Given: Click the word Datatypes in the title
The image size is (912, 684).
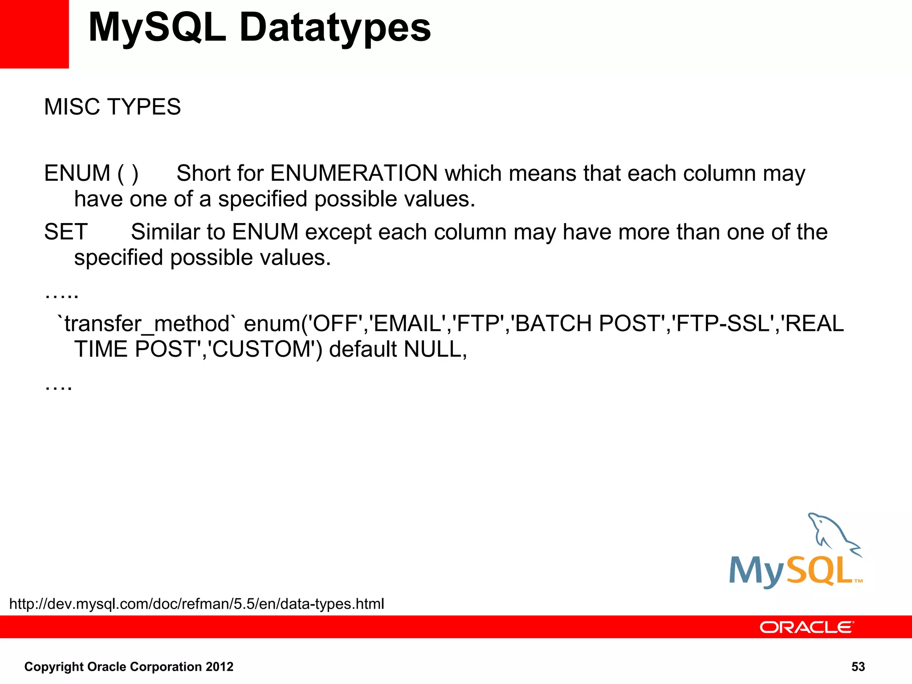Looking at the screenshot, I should [335, 28].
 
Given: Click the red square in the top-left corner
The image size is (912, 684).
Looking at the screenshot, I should [34, 34].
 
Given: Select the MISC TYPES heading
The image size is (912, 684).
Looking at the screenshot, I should [112, 107].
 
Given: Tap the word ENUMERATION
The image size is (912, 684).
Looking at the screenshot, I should [354, 173].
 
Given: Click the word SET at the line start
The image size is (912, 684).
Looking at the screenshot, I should [66, 232].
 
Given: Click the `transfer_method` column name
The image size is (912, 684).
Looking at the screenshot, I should [147, 324].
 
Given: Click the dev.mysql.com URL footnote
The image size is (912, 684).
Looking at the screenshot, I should [196, 604].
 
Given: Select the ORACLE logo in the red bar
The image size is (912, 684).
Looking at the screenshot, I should [806, 627].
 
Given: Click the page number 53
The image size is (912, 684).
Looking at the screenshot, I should [858, 667].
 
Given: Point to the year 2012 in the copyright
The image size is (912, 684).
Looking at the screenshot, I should [219, 667].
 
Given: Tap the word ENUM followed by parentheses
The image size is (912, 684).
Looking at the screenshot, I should [77, 173].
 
